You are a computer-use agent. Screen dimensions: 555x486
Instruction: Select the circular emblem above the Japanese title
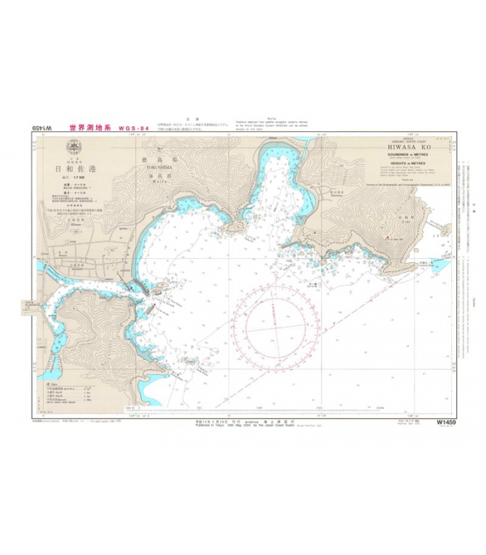pos(74,147)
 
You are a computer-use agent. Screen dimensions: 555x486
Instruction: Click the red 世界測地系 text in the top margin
pos(90,128)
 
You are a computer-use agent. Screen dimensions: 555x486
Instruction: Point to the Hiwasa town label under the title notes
pos(74,224)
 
